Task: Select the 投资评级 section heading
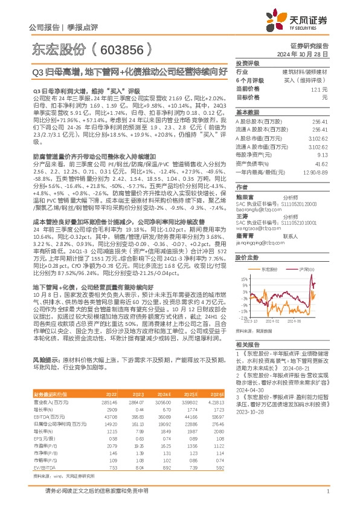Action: click(x=248, y=63)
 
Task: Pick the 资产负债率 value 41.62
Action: click(x=321, y=164)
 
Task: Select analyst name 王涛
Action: click(x=242, y=215)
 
